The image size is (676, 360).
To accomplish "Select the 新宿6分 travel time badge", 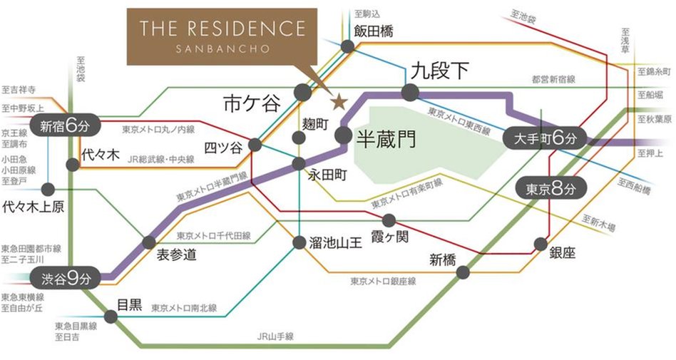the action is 66,128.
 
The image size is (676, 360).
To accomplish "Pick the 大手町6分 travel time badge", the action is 544,138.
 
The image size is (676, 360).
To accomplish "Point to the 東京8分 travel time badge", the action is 549,189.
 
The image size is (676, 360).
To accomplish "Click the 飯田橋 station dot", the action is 348,46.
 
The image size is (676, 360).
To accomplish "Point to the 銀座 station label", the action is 563,253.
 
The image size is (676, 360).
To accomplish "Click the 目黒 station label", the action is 129,304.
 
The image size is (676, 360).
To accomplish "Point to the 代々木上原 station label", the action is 34,207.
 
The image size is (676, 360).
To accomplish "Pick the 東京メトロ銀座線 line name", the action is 383,282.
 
